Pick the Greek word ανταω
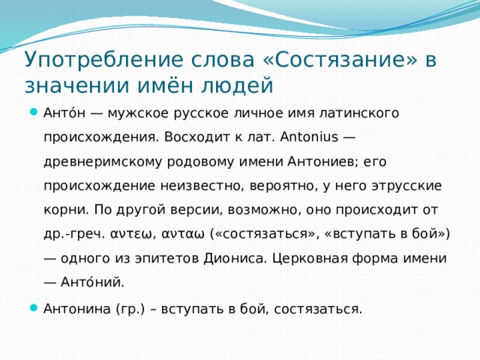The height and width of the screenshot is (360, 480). click(185, 233)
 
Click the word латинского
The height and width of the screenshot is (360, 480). click(360, 114)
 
